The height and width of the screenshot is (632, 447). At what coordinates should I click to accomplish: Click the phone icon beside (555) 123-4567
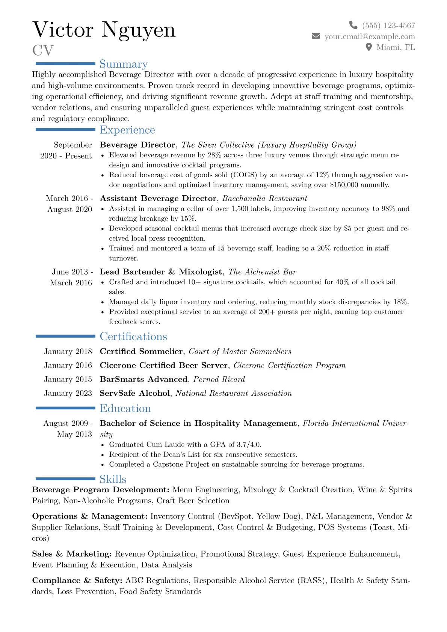click(x=353, y=25)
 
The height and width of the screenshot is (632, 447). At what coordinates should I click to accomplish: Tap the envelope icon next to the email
click(x=316, y=36)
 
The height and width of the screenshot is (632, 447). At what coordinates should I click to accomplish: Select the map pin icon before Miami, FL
click(x=369, y=47)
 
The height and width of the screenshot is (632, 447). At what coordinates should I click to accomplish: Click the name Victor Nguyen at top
click(x=104, y=30)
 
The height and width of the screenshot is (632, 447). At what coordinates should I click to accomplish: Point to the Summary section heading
click(x=124, y=64)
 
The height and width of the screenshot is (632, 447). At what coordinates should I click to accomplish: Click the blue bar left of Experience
click(x=65, y=130)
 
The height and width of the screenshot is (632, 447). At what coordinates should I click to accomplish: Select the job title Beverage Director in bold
click(x=137, y=145)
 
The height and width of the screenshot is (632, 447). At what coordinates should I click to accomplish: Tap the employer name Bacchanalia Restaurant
click(x=264, y=198)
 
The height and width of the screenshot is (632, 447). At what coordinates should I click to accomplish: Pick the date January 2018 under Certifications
click(x=68, y=351)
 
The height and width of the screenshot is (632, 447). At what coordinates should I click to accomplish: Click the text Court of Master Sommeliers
click(x=240, y=351)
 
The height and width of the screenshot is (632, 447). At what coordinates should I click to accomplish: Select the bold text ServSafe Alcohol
click(x=134, y=393)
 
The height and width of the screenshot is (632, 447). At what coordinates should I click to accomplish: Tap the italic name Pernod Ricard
click(x=219, y=379)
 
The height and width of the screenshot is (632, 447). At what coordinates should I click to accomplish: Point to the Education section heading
click(x=125, y=409)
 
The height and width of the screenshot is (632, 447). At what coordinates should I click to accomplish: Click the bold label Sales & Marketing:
click(x=72, y=554)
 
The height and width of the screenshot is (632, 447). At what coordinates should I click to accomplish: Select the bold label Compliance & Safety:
click(x=77, y=581)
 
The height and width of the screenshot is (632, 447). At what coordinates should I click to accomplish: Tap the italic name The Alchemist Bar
click(x=262, y=272)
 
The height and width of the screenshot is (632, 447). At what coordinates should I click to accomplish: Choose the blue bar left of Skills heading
click(x=65, y=479)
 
